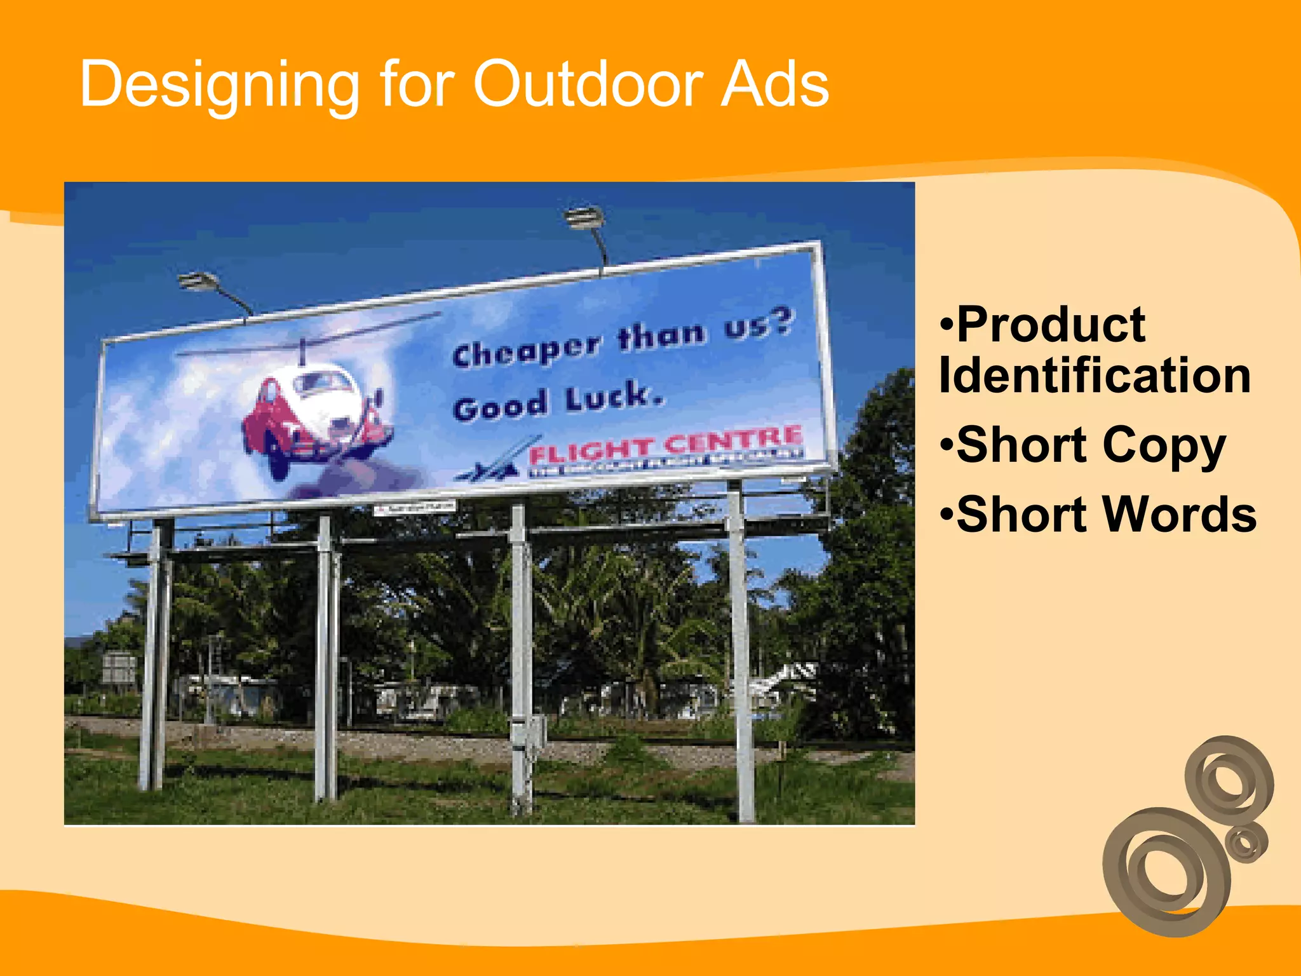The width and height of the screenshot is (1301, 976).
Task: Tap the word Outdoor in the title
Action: (x=588, y=84)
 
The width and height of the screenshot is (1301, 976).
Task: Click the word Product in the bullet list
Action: (x=1051, y=325)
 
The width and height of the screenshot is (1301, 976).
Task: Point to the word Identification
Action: (x=1095, y=376)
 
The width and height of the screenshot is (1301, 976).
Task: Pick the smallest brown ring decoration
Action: (x=1246, y=843)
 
